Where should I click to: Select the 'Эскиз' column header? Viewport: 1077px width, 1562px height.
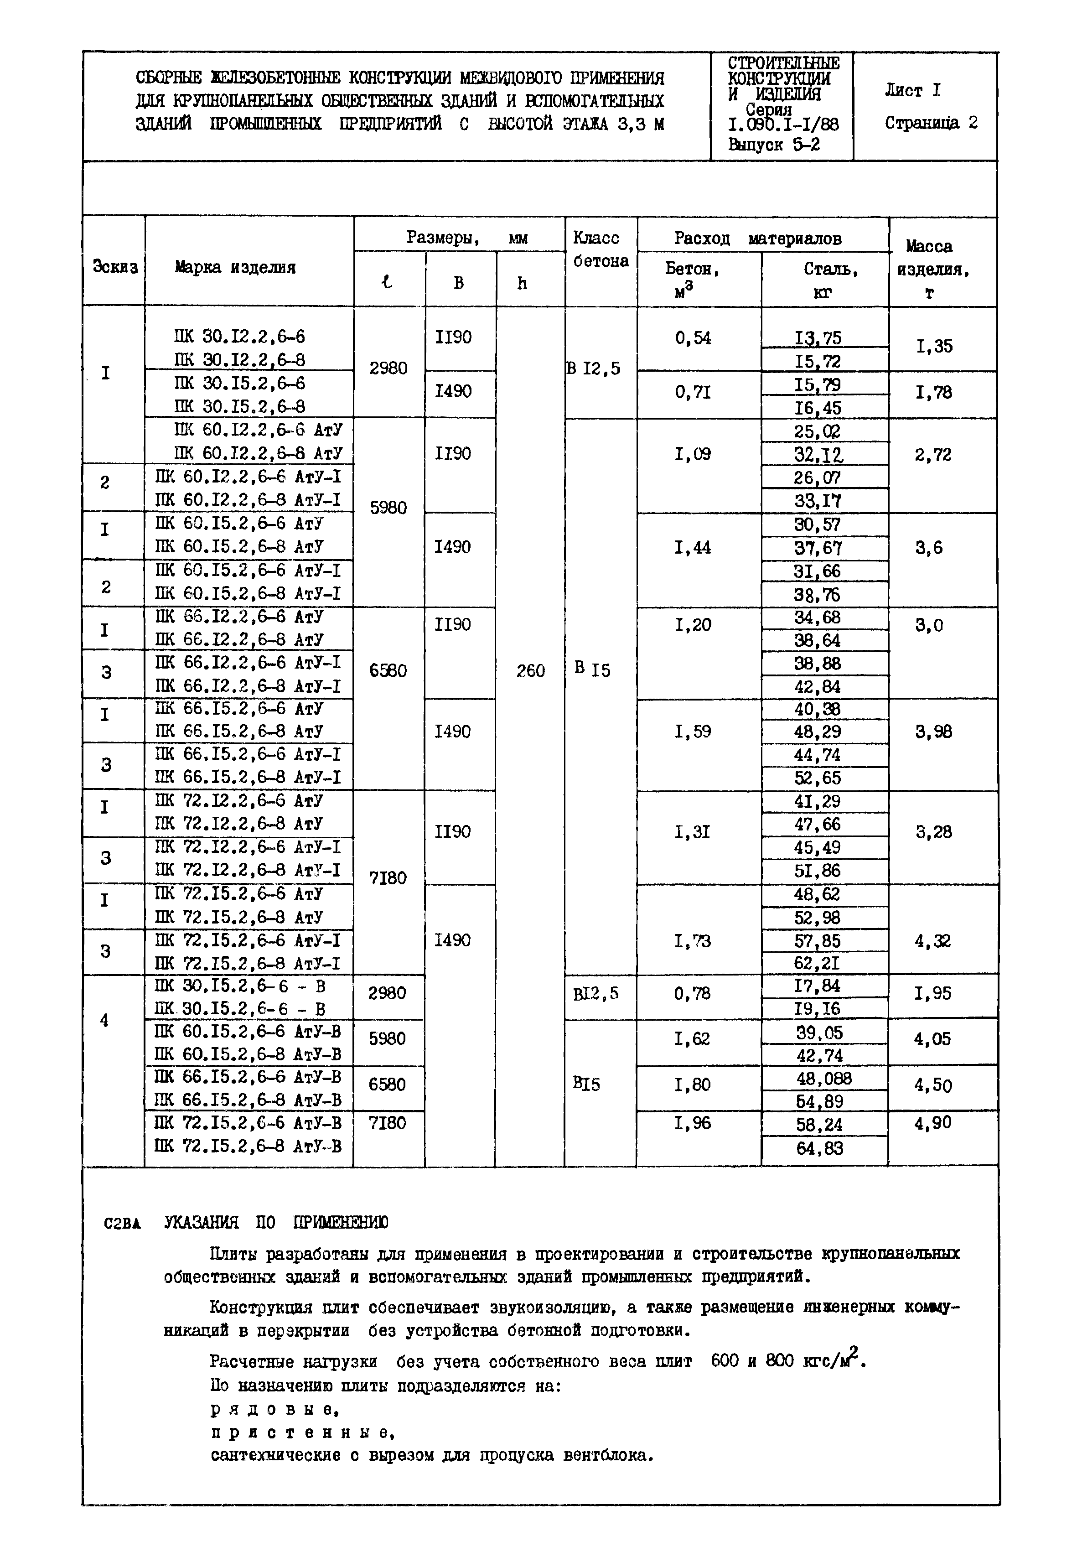coord(115,267)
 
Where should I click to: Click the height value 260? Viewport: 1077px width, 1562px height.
coord(530,670)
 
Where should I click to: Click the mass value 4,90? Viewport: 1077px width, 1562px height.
coord(932,1122)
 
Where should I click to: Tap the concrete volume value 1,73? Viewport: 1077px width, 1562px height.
coord(692,940)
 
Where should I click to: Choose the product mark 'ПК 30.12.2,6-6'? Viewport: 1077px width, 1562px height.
coord(239,336)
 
